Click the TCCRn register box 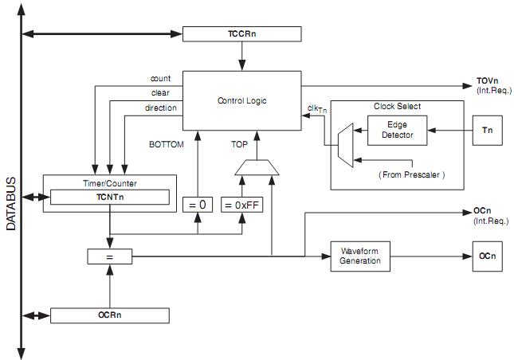(x=242, y=33)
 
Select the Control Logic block (x=242, y=100)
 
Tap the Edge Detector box (x=396, y=130)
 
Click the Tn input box (x=487, y=130)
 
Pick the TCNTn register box (x=110, y=197)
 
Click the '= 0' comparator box (x=198, y=205)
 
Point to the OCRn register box (x=110, y=315)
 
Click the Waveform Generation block (x=359, y=256)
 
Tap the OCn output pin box (x=487, y=256)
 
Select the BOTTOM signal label (x=166, y=144)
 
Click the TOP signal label (x=239, y=144)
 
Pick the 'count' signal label (x=161, y=79)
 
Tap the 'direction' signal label (x=161, y=108)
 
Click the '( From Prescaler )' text (x=411, y=174)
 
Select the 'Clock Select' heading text (x=397, y=106)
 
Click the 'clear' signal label (x=161, y=93)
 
